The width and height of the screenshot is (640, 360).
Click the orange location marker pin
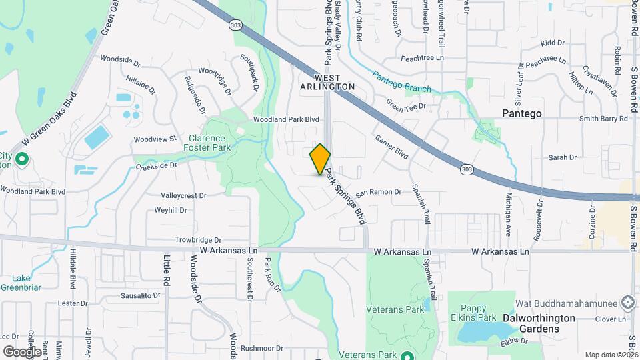(x=321, y=159)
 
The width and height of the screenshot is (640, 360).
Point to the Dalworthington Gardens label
(x=539, y=318)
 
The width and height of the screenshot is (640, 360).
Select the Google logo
(x=22, y=351)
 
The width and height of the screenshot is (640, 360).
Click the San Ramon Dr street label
(x=378, y=192)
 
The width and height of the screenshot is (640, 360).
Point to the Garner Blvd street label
(x=391, y=147)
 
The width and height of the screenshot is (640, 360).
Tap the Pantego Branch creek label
(x=401, y=83)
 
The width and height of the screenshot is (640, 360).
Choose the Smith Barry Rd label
(x=604, y=119)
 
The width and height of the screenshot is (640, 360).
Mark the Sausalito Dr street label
(x=138, y=295)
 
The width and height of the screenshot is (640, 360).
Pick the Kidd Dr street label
(x=552, y=43)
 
